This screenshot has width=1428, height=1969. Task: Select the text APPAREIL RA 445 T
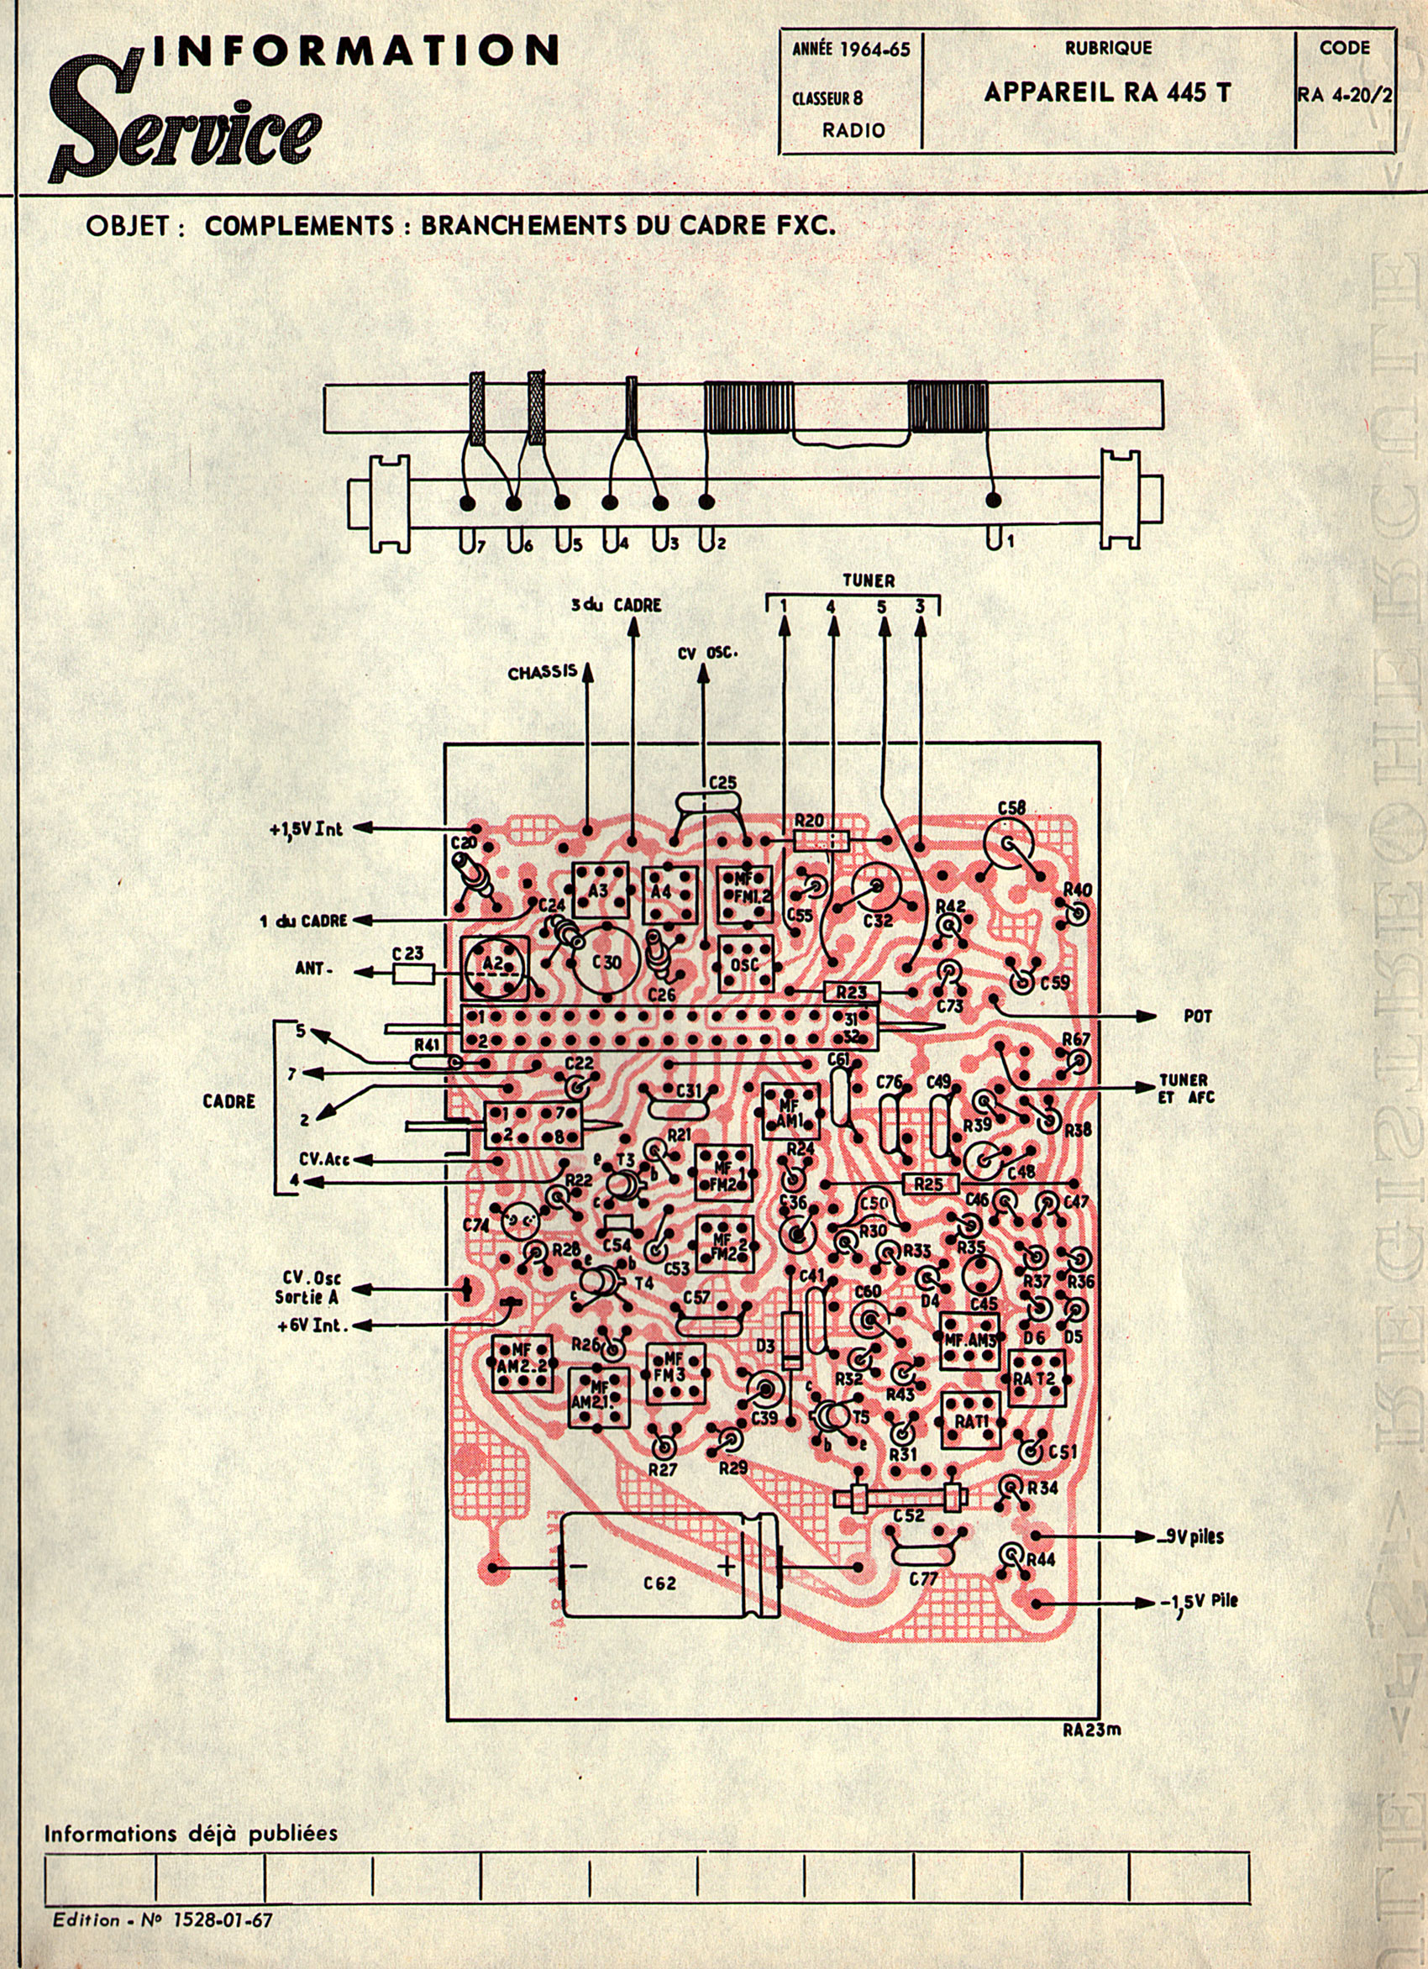tap(1107, 93)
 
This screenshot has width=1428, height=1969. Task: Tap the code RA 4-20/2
tap(1345, 96)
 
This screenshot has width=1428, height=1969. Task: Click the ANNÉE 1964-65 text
tap(851, 50)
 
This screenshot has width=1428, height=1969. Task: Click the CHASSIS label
tap(543, 673)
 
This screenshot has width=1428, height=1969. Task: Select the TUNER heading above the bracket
tap(868, 580)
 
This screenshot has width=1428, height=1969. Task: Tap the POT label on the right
tap(1198, 1016)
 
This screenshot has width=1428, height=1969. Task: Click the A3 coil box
tap(599, 889)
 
